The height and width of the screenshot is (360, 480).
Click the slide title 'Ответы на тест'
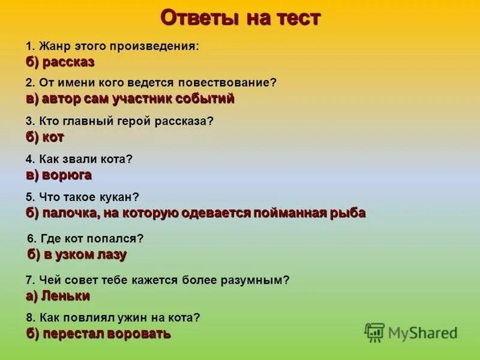pos(240,18)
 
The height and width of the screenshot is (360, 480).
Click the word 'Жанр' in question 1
pos(54,46)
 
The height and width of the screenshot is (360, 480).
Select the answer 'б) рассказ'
pos(60,62)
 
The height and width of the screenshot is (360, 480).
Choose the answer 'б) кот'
pos(45,137)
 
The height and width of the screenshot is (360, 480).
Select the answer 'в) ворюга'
pos(59,175)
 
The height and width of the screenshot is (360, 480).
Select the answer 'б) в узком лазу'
pos(77,254)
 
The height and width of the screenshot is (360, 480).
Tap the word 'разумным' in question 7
pos(254,280)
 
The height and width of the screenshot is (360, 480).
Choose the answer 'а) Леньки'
pos(58,295)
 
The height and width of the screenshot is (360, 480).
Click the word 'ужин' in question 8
pos(131,317)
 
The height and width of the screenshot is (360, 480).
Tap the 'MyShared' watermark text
pos(422,332)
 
